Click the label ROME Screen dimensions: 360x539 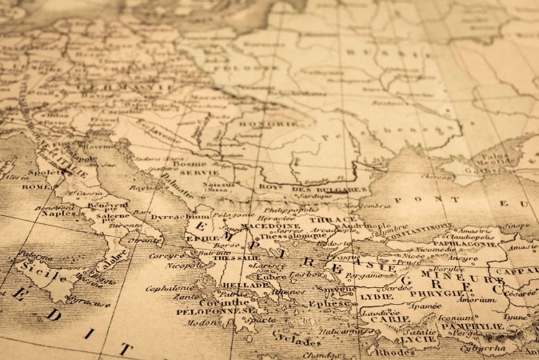36,186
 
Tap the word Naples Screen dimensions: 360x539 58,214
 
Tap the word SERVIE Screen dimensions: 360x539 199,172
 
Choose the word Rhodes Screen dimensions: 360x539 395,351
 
